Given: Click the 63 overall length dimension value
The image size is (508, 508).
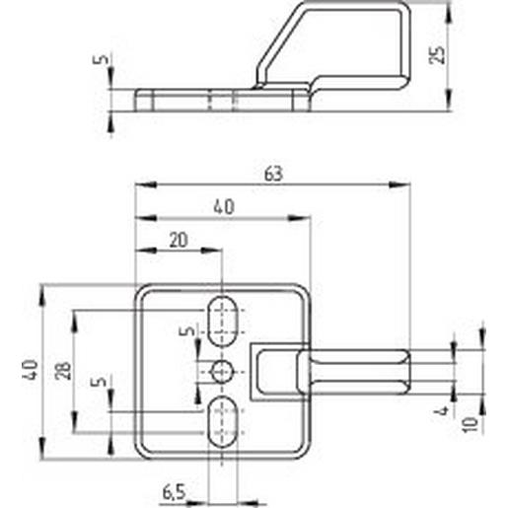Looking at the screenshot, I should point(273,174).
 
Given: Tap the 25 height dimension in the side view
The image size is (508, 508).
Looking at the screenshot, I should point(440,52).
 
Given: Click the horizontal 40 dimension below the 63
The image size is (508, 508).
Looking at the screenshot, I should point(223,207).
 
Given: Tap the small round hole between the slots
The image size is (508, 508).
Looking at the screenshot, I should point(223,370).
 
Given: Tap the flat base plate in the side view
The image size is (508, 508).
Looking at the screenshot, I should point(217,100).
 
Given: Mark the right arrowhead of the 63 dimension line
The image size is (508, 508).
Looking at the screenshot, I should point(404,183).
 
